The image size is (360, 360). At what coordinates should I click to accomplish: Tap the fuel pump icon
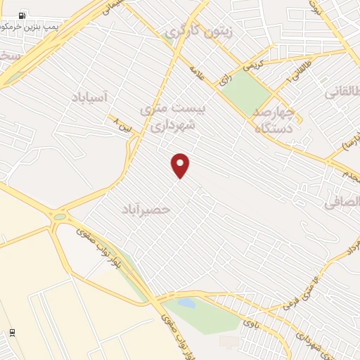tap(23, 15)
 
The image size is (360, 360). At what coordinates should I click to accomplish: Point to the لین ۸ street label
tap(121, 126)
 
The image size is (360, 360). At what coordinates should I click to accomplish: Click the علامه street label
tap(196, 73)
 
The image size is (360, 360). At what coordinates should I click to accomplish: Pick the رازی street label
tap(225, 79)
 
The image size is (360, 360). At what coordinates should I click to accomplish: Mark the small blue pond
tap(186, 303)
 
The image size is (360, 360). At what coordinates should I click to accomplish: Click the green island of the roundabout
tap(59, 217)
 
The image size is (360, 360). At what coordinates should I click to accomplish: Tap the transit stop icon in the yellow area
tap(12, 333)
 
